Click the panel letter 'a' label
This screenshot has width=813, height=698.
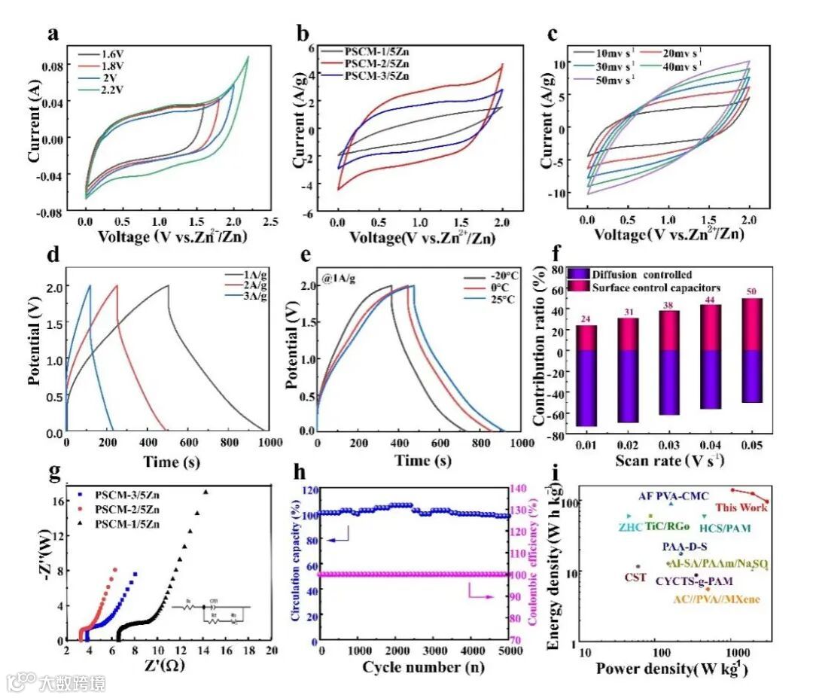(53, 35)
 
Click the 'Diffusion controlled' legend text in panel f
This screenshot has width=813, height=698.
(642, 274)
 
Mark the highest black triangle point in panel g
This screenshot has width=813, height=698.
(206, 492)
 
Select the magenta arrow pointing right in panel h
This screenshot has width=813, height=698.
(481, 596)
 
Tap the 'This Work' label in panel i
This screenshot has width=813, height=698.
(741, 507)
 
